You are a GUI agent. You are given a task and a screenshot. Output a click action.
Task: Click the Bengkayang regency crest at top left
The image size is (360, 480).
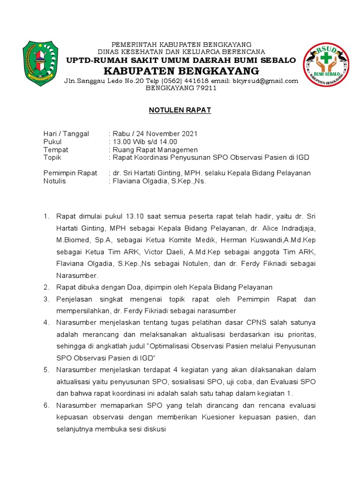41,63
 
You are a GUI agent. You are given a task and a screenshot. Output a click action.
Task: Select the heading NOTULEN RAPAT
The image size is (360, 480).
180,110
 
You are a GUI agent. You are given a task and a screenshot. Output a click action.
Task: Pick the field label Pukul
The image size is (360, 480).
52,142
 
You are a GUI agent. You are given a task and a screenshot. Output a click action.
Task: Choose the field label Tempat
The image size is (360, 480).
56,150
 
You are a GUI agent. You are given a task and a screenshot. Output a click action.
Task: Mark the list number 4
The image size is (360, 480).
46,322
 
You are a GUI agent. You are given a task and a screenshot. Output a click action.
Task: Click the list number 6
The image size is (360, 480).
46,405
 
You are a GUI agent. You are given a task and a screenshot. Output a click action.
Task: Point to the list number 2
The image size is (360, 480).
46,287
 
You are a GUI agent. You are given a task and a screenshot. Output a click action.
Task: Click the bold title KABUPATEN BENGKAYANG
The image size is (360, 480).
181,71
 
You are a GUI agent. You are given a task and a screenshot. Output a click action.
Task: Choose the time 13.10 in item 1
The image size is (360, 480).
135,216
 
